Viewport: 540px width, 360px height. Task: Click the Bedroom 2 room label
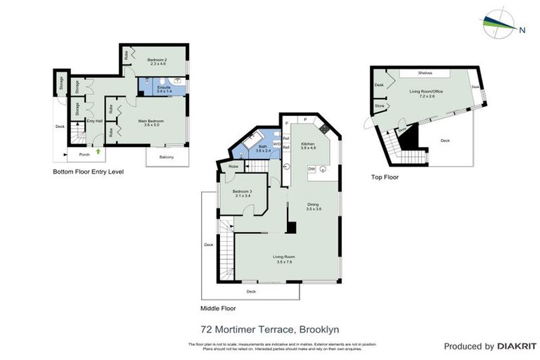pyautogui.click(x=156, y=60)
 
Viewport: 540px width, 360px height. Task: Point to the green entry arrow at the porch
pyautogui.click(x=98, y=150)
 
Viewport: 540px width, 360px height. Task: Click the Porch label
pyautogui.click(x=84, y=155)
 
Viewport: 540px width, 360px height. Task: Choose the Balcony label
pyautogui.click(x=167, y=157)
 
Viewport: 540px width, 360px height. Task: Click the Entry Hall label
pyautogui.click(x=94, y=121)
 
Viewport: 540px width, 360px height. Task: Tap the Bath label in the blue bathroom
pyautogui.click(x=262, y=146)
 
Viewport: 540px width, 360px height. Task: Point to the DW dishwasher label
pyautogui.click(x=311, y=169)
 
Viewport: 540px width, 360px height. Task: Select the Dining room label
pyautogui.click(x=314, y=205)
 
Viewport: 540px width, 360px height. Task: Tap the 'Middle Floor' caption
pyautogui.click(x=218, y=308)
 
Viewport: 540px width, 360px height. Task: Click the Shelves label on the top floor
pyautogui.click(x=424, y=72)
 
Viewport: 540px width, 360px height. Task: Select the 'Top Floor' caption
pyautogui.click(x=385, y=177)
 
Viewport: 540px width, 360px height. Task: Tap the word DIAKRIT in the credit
pyautogui.click(x=517, y=346)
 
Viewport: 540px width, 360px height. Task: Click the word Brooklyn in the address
pyautogui.click(x=320, y=328)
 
